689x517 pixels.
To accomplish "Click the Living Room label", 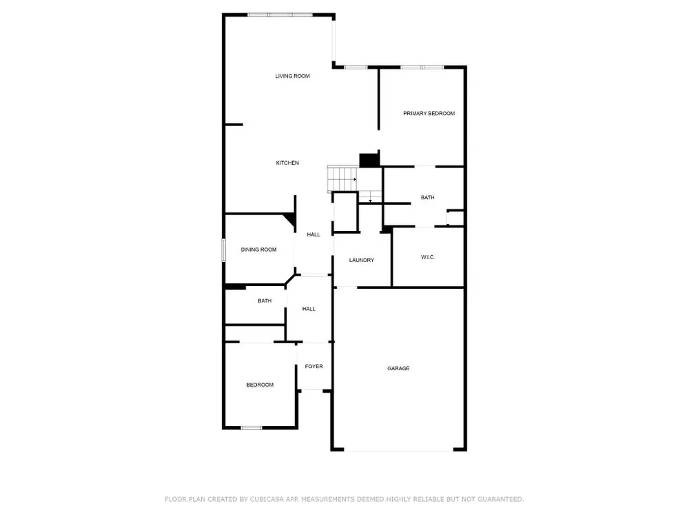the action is pyautogui.click(x=292, y=76).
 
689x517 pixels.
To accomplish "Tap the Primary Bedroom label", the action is pyautogui.click(x=429, y=114).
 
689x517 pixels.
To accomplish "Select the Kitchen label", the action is pyautogui.click(x=287, y=163).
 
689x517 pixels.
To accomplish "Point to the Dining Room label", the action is pyautogui.click(x=258, y=250).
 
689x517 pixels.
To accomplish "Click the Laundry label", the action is pyautogui.click(x=362, y=261).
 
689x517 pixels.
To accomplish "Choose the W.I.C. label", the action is pyautogui.click(x=428, y=257).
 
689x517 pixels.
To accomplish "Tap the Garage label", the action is pyautogui.click(x=398, y=368).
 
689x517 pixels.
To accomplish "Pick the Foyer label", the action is pyautogui.click(x=313, y=366).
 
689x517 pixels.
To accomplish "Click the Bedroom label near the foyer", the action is pyautogui.click(x=260, y=385).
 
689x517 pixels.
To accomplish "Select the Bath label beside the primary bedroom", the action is pyautogui.click(x=428, y=198).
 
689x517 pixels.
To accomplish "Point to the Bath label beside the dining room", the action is pyautogui.click(x=265, y=301).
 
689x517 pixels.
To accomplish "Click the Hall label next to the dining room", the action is pyautogui.click(x=313, y=235).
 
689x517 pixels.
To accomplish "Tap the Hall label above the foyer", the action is pyautogui.click(x=309, y=309).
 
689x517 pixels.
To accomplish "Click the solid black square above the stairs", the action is pyautogui.click(x=369, y=161).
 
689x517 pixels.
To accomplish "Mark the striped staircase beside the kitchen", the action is pyautogui.click(x=342, y=179).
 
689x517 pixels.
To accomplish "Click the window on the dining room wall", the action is pyautogui.click(x=223, y=250).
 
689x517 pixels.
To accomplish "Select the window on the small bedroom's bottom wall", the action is pyautogui.click(x=251, y=428).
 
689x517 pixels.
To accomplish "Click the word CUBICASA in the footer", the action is pyautogui.click(x=267, y=499).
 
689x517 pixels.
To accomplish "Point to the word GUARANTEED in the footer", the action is pyautogui.click(x=500, y=499).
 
